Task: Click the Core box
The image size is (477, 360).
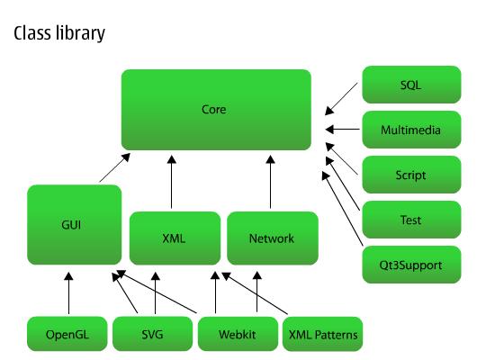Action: pyautogui.click(x=216, y=109)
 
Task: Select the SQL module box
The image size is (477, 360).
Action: pyautogui.click(x=410, y=85)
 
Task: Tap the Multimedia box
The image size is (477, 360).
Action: pyautogui.click(x=410, y=130)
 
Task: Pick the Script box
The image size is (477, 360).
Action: pyautogui.click(x=410, y=175)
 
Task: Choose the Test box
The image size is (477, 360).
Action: pyautogui.click(x=410, y=220)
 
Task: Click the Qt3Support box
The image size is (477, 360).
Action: pyautogui.click(x=410, y=265)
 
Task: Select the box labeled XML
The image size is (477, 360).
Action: pyautogui.click(x=174, y=238)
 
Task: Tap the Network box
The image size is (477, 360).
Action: pyautogui.click(x=271, y=238)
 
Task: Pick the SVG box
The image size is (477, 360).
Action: pyautogui.click(x=153, y=335)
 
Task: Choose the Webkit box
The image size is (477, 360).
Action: pyautogui.click(x=238, y=335)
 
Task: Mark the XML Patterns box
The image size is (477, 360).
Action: pyautogui.click(x=323, y=335)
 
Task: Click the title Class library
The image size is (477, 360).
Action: pyautogui.click(x=58, y=34)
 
